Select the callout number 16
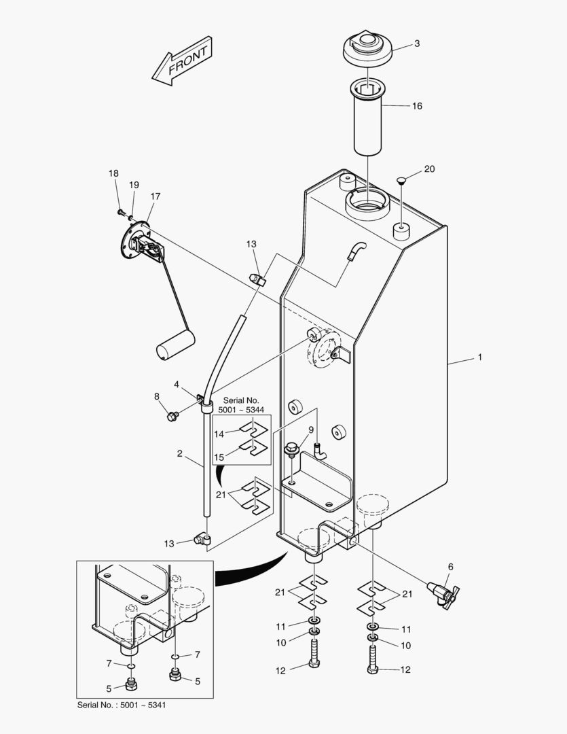point(417,106)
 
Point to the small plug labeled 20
point(401,180)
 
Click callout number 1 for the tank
point(479,357)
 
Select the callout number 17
point(156,196)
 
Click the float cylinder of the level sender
point(175,343)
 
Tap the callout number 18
point(113,173)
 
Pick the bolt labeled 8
point(172,413)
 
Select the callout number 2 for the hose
point(179,453)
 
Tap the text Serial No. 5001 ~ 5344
point(242,406)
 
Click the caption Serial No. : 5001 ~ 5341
point(122,705)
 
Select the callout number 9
point(311,430)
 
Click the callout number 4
point(176,385)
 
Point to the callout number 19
point(134,185)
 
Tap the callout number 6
point(450,566)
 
